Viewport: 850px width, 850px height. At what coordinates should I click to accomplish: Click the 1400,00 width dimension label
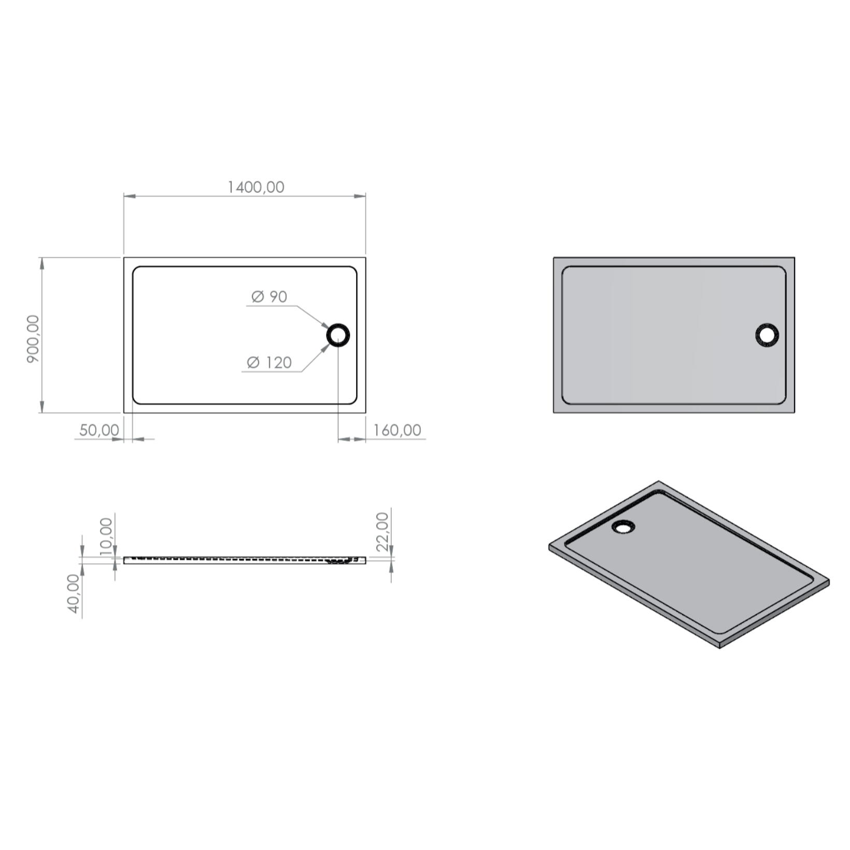[x=256, y=187]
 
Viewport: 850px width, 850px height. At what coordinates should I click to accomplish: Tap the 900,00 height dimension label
[x=33, y=339]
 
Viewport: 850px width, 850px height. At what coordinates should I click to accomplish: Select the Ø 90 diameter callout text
[x=269, y=296]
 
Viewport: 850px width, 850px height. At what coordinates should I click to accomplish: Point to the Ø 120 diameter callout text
[x=270, y=362]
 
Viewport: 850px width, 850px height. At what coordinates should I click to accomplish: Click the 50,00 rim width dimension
[x=99, y=430]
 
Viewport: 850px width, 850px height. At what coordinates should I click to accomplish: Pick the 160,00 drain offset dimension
[x=397, y=430]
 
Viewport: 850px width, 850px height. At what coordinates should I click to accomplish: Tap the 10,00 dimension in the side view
[x=106, y=536]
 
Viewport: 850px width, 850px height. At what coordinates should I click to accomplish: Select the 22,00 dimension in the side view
[x=382, y=532]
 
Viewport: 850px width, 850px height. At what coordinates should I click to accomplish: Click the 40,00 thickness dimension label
[x=74, y=594]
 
